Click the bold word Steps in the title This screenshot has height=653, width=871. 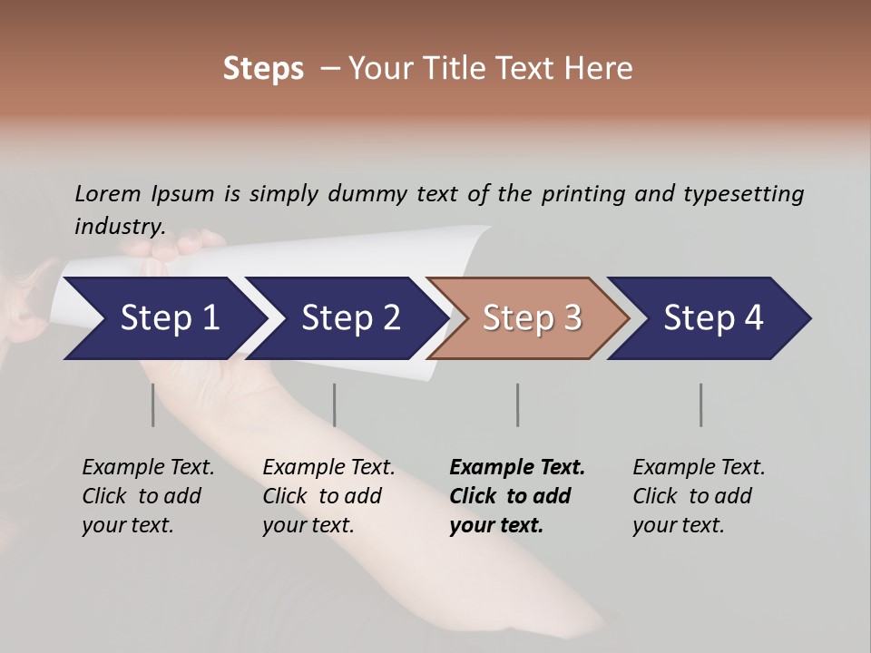coord(263,69)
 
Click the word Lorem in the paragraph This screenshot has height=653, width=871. coord(108,193)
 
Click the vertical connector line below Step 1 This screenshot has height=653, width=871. coord(152,404)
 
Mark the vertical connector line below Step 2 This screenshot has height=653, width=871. coord(334,404)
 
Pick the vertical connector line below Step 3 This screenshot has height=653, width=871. coord(517,404)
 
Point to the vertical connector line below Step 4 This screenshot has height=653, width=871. coord(700,404)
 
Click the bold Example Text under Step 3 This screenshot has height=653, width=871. coord(517,467)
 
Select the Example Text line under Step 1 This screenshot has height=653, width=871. coord(148,467)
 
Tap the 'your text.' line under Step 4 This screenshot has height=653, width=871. coord(678,525)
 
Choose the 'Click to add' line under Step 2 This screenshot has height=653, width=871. coord(322,496)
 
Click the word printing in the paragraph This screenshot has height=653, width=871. coord(582,193)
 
